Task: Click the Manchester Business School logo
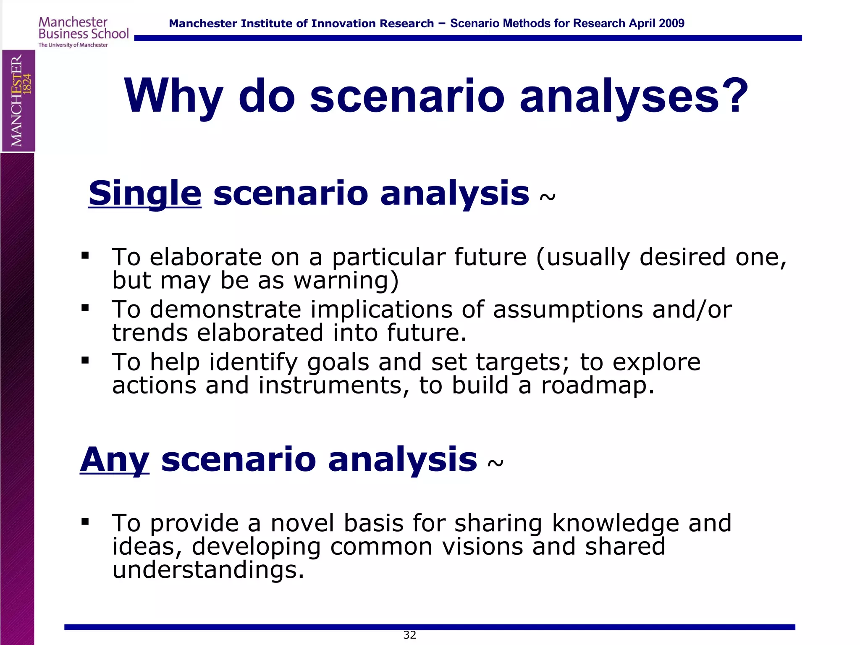83,31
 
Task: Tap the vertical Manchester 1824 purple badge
18,101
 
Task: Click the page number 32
409,635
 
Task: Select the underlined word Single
145,194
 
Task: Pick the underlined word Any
115,460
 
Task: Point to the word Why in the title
173,97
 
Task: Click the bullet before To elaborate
85,255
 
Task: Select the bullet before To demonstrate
85,308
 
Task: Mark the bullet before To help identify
85,360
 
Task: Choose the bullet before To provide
85,522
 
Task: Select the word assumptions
568,310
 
